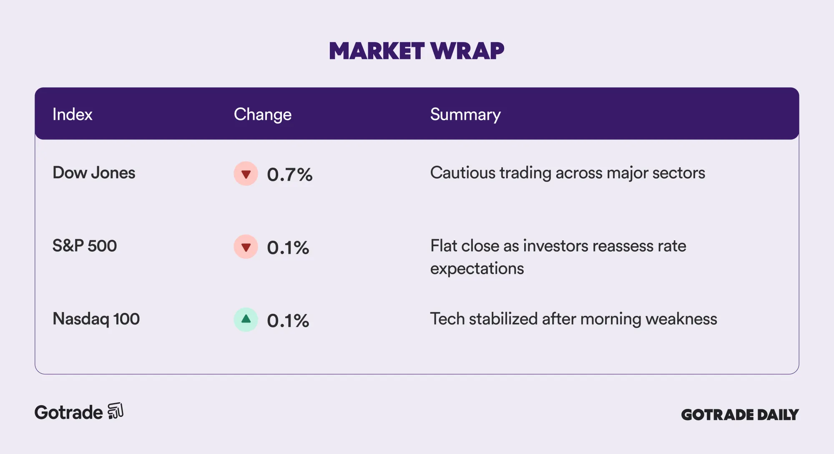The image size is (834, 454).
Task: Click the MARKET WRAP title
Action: [417, 51]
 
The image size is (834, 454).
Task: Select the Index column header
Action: [72, 114]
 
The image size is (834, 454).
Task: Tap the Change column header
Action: [262, 114]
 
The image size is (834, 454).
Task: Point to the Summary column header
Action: [465, 114]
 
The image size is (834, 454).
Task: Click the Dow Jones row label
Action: [94, 173]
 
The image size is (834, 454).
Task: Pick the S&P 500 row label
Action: [85, 246]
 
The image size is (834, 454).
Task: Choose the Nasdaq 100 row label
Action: [96, 319]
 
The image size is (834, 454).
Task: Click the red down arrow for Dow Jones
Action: [246, 174]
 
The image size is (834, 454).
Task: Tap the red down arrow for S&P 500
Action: [246, 247]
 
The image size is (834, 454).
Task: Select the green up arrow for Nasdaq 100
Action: [246, 320]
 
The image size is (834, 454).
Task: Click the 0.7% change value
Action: [290, 174]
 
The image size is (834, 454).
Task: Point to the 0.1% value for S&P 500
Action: [288, 247]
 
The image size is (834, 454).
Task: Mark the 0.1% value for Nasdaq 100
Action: [288, 320]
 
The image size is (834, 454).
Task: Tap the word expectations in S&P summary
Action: [477, 269]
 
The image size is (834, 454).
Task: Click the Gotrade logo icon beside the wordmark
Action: [116, 411]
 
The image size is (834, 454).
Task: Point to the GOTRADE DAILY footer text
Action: [740, 414]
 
